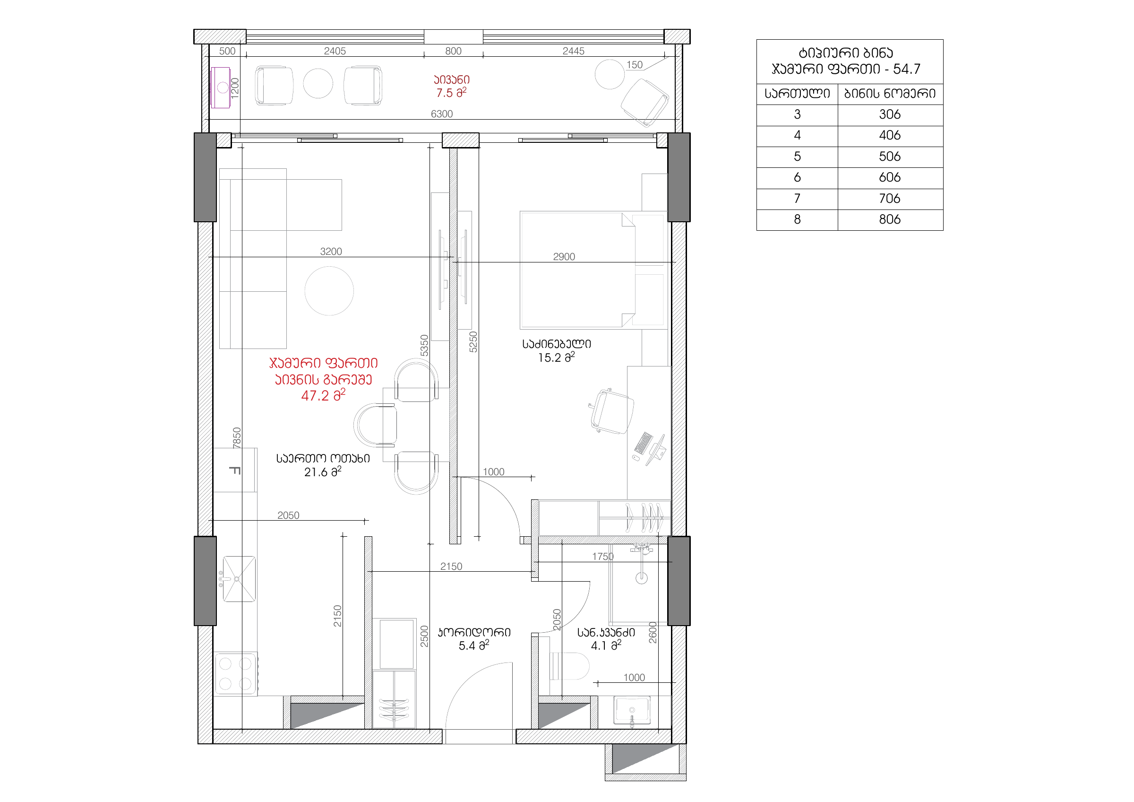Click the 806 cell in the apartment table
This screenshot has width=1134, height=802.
coord(890,219)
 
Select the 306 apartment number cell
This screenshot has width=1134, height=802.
coord(890,114)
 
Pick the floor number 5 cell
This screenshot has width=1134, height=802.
coord(797,157)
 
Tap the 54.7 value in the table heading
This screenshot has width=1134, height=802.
coord(906,69)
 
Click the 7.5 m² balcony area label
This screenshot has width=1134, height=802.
coord(451,93)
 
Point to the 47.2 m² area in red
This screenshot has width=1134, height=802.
coord(323,395)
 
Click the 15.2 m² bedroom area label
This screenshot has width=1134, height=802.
coord(556,357)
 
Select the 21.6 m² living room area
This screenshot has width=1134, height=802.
coord(323,472)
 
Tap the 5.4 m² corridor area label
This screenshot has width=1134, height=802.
coord(473,645)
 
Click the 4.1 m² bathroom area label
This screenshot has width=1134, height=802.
coord(606,645)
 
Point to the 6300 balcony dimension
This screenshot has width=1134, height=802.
coord(441,114)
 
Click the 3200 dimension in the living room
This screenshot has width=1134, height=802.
coord(331,252)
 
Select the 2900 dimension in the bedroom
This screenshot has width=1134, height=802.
coord(564,257)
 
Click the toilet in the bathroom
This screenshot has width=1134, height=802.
coord(569,666)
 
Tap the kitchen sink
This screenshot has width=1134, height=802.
coord(239,579)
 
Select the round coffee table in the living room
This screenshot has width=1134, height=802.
coord(329,291)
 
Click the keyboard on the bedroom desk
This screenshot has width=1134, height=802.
coord(643,443)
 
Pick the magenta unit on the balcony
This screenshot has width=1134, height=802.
coord(221,87)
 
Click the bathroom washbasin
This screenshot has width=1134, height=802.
coord(632,711)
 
